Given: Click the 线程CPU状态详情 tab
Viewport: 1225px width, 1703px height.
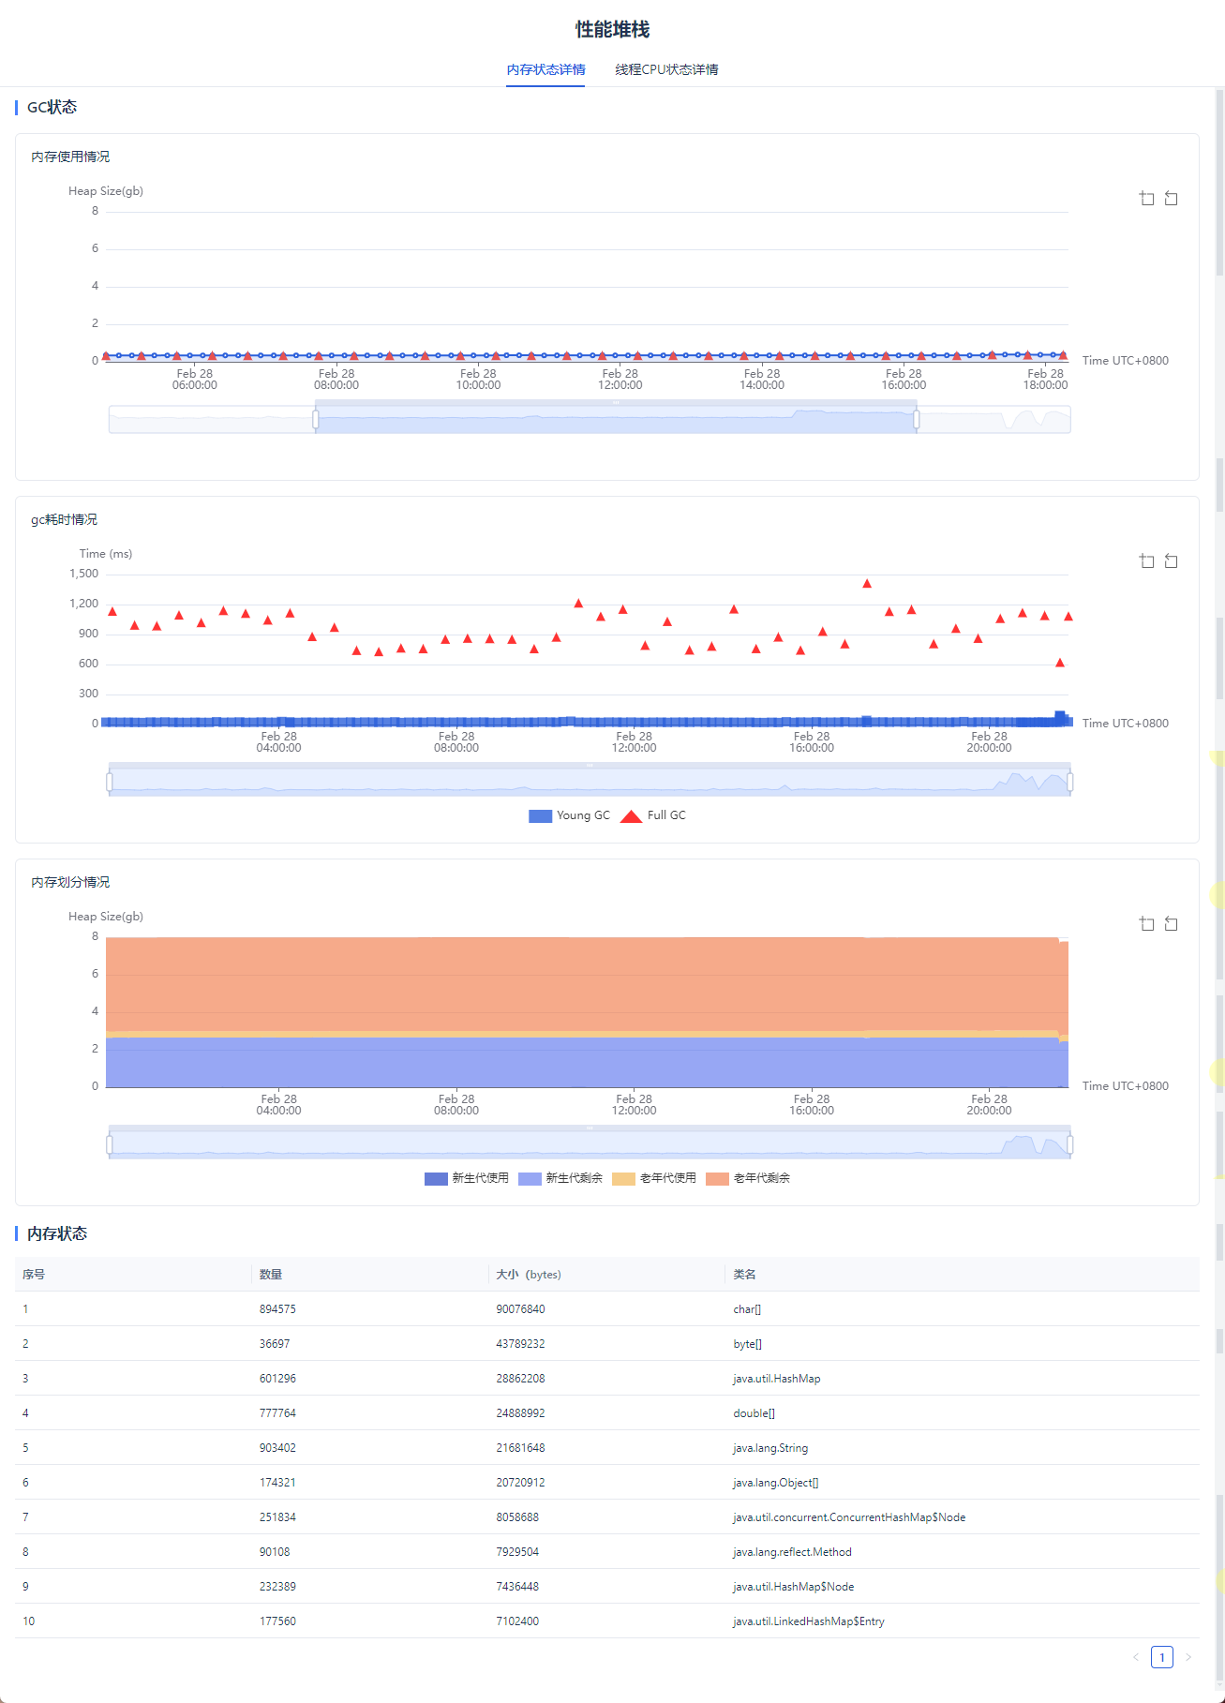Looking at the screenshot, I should tap(666, 69).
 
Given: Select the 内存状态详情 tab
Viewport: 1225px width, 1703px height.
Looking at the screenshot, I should tap(545, 69).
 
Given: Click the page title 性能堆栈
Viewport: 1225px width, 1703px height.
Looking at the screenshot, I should tap(612, 30).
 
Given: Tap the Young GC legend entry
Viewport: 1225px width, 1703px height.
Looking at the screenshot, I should tap(570, 815).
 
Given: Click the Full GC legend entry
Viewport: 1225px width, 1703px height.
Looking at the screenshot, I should tap(654, 815).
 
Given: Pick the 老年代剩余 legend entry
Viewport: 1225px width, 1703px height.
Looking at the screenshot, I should tap(748, 1178).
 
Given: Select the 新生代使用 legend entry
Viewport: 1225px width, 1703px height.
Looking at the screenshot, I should tap(467, 1178).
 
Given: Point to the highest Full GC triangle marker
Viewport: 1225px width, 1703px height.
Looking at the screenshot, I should tap(867, 584).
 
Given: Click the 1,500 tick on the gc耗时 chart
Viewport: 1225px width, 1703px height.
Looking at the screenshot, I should tap(83, 574).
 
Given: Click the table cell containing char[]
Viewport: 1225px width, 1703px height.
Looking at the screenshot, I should tap(747, 1309).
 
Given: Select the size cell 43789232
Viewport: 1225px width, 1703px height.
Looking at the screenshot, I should tap(520, 1344).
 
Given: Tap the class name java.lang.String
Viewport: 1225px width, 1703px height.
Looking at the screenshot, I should tap(769, 1448).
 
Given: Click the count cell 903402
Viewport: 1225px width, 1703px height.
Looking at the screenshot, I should tap(277, 1448).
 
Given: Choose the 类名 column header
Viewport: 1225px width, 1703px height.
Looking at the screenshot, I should tap(744, 1275).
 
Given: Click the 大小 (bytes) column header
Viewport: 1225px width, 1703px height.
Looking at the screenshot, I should tap(528, 1275).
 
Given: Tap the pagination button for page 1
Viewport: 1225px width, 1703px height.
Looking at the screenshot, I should tap(1161, 1657).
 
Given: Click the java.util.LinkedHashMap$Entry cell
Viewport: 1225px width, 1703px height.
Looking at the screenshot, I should tap(808, 1621).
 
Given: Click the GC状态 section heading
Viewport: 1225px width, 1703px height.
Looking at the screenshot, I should tap(52, 108).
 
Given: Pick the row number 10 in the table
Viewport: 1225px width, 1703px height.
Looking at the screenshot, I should tap(29, 1621).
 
